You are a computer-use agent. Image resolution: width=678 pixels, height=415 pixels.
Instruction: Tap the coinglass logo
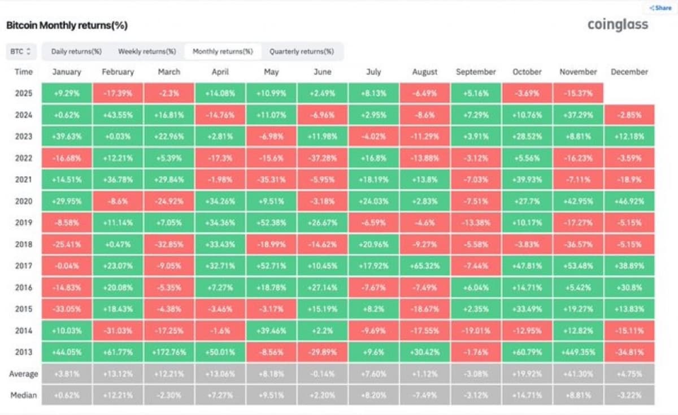(618, 25)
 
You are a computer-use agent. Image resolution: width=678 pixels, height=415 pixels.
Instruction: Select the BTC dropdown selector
(21, 51)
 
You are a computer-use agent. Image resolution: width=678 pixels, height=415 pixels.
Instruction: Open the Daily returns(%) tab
(76, 51)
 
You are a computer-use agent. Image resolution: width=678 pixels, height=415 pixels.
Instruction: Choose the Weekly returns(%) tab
(147, 51)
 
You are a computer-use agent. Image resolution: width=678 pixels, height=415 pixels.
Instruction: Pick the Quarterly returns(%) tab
(301, 51)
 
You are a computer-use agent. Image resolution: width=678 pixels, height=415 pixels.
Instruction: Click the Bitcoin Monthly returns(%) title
(67, 25)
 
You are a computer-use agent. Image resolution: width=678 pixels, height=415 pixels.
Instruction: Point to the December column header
(629, 72)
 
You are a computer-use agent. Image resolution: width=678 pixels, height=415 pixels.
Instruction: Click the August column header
(424, 72)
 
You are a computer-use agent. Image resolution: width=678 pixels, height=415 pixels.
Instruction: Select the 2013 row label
(24, 352)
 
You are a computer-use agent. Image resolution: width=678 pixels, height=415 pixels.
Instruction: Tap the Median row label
(24, 395)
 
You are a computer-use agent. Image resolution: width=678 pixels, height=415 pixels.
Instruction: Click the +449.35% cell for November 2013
(578, 352)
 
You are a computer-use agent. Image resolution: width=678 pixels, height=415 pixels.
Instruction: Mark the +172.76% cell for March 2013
(169, 352)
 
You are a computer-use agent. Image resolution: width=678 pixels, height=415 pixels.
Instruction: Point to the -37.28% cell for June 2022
(322, 158)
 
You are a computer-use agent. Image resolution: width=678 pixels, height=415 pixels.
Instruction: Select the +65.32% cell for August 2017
(424, 266)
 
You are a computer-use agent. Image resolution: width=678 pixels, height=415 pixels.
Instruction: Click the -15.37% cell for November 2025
(578, 93)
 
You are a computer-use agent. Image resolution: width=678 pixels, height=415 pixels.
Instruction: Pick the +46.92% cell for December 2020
(629, 201)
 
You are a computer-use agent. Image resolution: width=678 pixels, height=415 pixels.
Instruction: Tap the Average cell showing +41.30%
(578, 373)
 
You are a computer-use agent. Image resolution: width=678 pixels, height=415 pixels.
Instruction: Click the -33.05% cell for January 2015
(67, 309)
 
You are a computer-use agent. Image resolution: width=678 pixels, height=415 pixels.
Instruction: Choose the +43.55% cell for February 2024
(118, 115)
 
